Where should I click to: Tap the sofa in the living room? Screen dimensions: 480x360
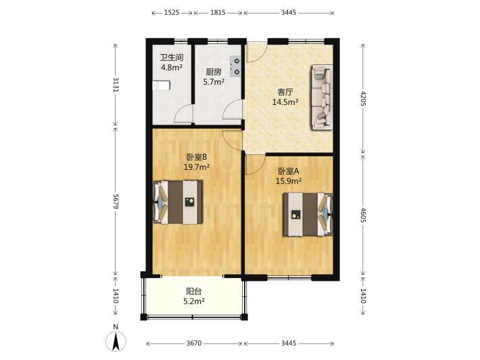[x=322, y=97]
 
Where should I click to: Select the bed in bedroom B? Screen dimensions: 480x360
[x=178, y=202]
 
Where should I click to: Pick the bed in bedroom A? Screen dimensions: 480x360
[x=308, y=215]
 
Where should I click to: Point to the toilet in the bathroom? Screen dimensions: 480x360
[x=161, y=85]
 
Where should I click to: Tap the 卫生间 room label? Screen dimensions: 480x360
[x=172, y=58]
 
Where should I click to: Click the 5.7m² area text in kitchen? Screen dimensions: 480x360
[x=214, y=82]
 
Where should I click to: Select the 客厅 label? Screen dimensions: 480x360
[x=285, y=92]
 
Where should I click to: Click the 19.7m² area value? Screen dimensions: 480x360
[x=197, y=167]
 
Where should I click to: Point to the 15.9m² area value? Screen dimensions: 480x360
[x=289, y=181]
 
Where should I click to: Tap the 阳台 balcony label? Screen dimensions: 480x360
[x=194, y=291]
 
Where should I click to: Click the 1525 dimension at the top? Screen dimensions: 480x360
[x=172, y=13]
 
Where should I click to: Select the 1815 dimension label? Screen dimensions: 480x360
[x=218, y=13]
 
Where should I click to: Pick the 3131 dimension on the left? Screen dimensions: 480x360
[x=116, y=84]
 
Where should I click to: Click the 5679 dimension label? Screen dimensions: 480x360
[x=116, y=201]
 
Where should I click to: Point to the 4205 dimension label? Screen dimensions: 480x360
[x=363, y=98]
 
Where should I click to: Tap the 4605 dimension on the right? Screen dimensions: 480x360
[x=363, y=215]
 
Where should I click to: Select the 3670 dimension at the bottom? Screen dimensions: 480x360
[x=194, y=343]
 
